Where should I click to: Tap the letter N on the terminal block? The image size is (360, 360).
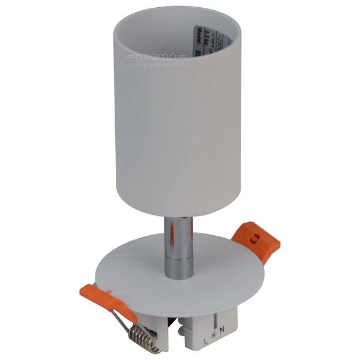tap(222, 329)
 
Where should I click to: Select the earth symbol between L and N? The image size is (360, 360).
tap(214, 329)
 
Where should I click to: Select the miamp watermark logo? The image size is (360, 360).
tap(156, 57)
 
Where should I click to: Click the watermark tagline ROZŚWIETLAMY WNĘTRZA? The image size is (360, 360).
tap(156, 64)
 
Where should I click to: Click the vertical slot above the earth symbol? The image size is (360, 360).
tap(214, 316)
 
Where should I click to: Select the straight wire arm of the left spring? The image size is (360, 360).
tap(120, 312)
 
